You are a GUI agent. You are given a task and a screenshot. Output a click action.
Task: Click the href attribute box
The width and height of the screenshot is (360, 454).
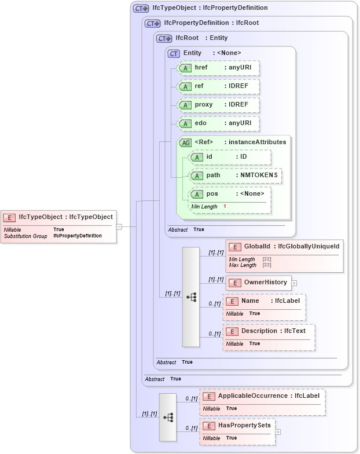coord(218,68)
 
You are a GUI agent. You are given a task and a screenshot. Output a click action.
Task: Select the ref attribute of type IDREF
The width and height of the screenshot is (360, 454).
coord(218,87)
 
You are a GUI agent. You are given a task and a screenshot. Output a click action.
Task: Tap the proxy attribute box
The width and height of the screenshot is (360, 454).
coord(218,105)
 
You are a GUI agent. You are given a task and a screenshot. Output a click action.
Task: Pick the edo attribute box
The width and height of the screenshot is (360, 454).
coord(218,124)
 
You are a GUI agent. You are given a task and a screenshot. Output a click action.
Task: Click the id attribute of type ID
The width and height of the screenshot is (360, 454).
coord(230,157)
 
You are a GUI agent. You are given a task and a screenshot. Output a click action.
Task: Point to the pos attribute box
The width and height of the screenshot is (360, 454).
coord(230,194)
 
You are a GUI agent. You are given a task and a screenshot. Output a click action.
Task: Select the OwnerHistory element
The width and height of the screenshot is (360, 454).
coord(258,283)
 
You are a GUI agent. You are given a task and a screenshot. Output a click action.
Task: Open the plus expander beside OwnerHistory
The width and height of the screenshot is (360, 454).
coord(294,283)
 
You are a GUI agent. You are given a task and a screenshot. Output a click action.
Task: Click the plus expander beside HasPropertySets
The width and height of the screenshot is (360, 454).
coord(278,432)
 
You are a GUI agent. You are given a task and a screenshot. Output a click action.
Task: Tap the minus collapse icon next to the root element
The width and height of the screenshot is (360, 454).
coord(119,226)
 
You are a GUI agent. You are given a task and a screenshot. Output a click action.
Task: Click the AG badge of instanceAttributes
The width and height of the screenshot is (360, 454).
coord(186,142)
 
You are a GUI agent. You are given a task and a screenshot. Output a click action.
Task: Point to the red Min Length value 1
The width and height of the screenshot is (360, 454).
coord(225,207)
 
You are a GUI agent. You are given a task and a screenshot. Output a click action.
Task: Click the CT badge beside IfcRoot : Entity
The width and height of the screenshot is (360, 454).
coord(164,38)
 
